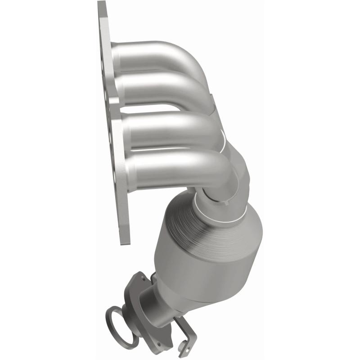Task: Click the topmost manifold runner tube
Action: click(148, 53)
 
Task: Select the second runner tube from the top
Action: click(153, 88)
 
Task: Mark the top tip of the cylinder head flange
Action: click(102, 4)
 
